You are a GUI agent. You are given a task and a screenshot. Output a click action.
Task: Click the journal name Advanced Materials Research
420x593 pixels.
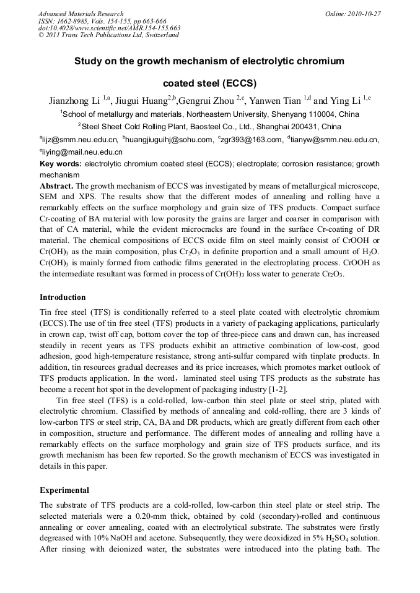81,14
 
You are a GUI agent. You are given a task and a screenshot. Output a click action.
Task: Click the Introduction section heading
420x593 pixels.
63,297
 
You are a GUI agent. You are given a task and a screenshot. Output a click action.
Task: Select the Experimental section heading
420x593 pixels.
64,490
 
